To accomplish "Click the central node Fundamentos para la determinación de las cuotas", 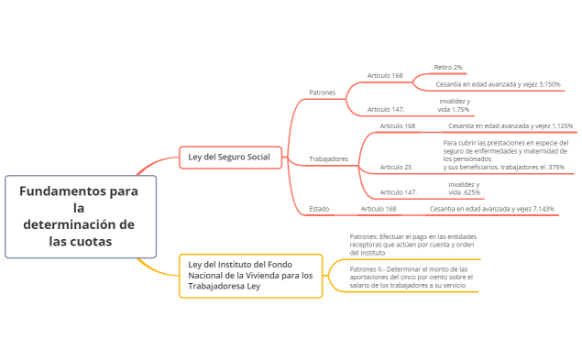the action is (x=80, y=216).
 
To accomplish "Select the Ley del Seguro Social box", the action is (x=228, y=158).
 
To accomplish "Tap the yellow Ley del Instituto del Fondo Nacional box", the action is (x=250, y=275).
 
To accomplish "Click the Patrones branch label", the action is (x=322, y=93).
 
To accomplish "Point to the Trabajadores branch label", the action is (x=328, y=158).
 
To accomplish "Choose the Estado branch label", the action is (x=319, y=209).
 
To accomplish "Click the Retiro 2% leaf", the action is (x=448, y=67).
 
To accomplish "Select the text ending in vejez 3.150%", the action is (x=498, y=84).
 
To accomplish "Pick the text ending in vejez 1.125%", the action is (x=511, y=125).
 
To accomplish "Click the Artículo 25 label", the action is (x=395, y=167).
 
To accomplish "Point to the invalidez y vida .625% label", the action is (x=464, y=189).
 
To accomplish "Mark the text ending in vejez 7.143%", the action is (x=491, y=209).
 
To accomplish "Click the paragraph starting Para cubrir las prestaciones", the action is (x=503, y=155).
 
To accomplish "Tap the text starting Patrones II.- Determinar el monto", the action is (x=412, y=278).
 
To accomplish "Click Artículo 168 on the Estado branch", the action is (x=379, y=209).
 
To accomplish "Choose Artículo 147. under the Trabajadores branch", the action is (x=398, y=192).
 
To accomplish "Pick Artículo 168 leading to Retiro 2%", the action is (x=385, y=75).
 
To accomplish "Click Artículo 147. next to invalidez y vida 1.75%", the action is (x=386, y=109).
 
